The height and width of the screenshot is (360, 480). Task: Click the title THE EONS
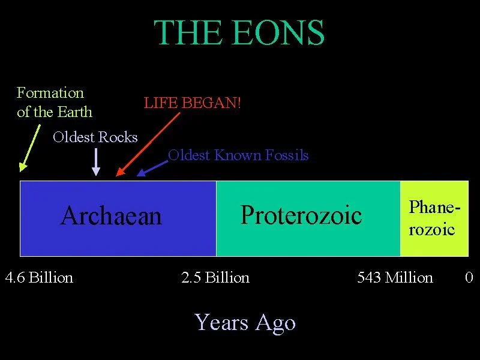(239, 34)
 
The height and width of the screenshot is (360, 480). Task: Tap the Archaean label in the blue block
(111, 215)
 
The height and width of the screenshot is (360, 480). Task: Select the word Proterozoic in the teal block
(301, 214)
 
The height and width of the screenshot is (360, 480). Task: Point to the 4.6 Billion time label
(39, 278)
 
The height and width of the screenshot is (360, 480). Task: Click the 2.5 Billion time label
(215, 278)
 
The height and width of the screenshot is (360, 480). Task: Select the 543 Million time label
(395, 278)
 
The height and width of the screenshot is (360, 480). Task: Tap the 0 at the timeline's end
(469, 278)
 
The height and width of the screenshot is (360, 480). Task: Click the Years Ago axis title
(245, 322)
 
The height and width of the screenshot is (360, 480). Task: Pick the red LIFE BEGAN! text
(192, 103)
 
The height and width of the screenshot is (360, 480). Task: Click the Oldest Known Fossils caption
(238, 155)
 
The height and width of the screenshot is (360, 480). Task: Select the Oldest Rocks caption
(95, 137)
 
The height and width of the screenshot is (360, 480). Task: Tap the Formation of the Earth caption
(54, 102)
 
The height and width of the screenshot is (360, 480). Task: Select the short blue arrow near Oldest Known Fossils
(152, 167)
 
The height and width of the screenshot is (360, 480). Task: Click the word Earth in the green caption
(74, 112)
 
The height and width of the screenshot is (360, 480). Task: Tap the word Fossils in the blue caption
(286, 155)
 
